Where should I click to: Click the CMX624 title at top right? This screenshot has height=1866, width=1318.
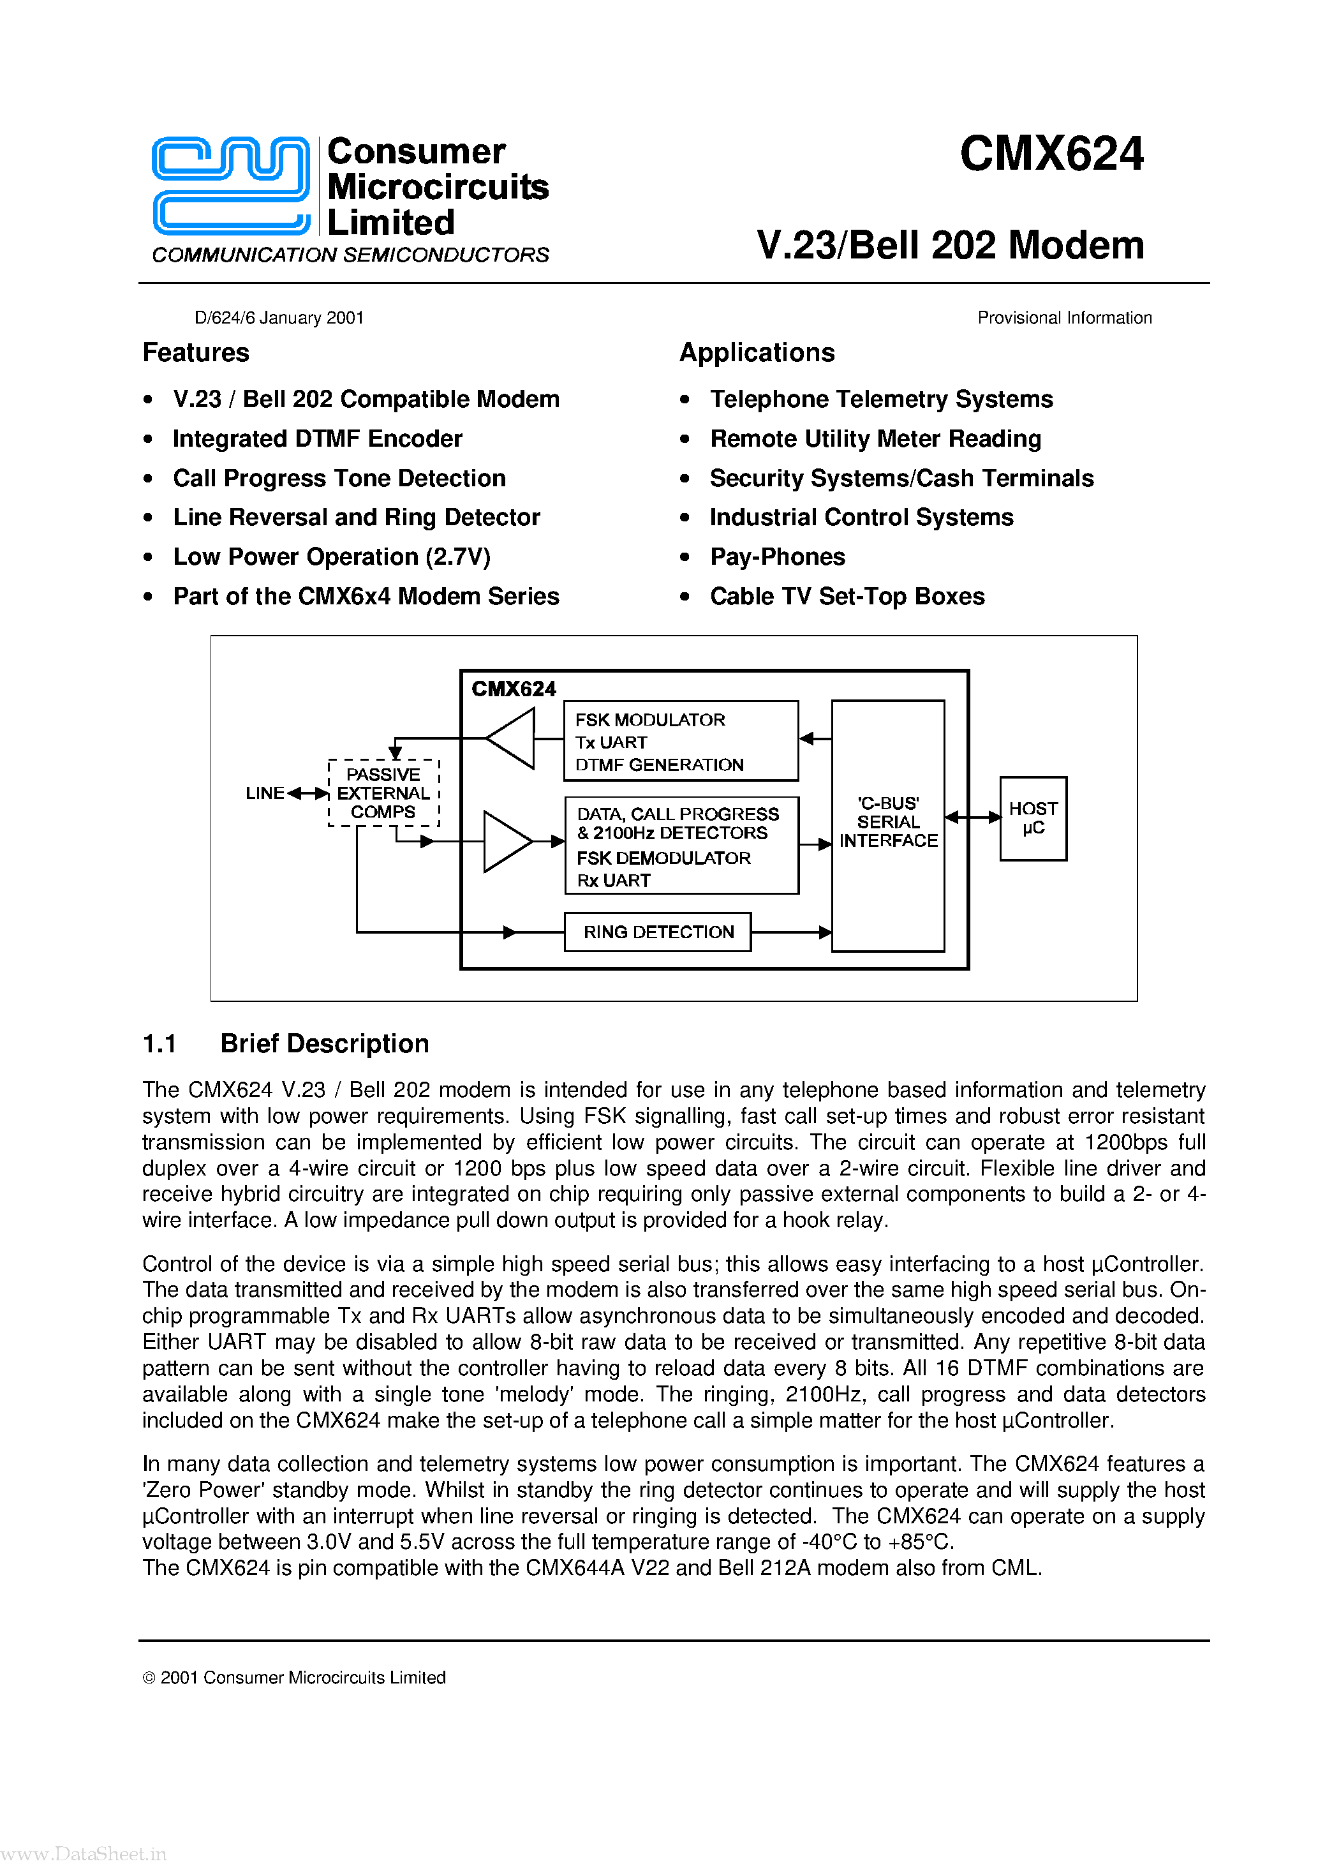[1051, 154]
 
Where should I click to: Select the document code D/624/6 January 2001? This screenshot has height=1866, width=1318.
[279, 318]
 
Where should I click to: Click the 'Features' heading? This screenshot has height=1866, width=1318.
[196, 353]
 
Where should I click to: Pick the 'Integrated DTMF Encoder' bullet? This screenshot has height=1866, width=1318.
[317, 439]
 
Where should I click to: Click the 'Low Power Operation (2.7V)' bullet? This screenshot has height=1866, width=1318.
[332, 556]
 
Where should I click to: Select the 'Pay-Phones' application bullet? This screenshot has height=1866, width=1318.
[777, 556]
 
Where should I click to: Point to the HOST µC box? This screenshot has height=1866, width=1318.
[1032, 818]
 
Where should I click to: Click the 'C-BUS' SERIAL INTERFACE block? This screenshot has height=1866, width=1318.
[887, 823]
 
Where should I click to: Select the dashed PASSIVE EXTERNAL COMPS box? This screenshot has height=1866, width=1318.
[383, 793]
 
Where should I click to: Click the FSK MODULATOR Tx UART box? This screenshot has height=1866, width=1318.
[680, 741]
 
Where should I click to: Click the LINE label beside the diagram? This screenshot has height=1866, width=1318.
[265, 793]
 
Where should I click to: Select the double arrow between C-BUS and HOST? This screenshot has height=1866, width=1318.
[972, 817]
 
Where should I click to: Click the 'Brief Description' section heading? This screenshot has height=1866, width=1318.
[324, 1043]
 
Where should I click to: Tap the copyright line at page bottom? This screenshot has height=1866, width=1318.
[294, 1678]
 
